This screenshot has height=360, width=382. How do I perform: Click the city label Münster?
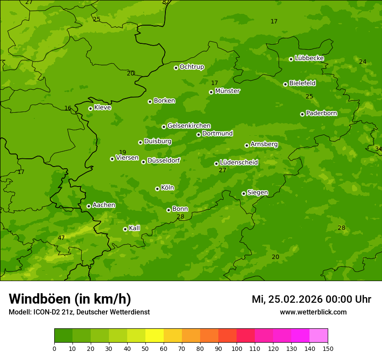[227, 91]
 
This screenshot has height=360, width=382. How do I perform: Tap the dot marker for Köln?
[157, 189]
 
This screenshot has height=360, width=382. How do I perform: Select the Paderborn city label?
[322, 113]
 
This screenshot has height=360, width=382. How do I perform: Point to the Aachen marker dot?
[89, 206]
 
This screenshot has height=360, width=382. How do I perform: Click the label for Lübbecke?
[310, 58]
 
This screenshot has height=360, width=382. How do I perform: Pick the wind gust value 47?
[61, 238]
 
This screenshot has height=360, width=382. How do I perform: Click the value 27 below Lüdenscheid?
[223, 170]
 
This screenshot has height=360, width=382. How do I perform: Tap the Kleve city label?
[103, 108]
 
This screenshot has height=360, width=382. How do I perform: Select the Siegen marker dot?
[244, 193]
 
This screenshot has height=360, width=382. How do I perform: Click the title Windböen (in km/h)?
[70, 299]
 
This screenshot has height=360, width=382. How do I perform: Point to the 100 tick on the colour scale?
[237, 348]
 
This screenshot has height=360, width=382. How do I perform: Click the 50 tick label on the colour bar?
[145, 348]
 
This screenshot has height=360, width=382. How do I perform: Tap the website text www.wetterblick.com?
[313, 312]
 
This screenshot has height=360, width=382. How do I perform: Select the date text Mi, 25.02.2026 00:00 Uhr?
[311, 299]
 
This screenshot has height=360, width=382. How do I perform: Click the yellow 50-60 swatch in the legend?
[155, 336]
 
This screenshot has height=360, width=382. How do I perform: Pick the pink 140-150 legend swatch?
[319, 336]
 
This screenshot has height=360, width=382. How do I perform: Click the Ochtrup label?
[192, 67]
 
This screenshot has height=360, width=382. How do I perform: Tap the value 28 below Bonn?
[181, 216]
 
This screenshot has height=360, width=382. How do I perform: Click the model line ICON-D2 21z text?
[79, 312]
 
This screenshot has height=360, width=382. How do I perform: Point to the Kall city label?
[135, 228]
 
